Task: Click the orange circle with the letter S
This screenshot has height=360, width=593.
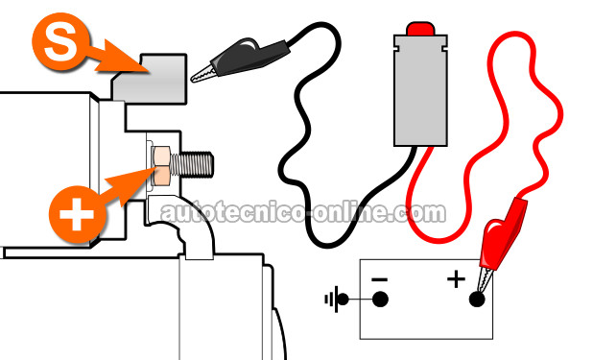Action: coord(60,41)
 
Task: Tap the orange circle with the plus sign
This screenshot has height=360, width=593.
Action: coord(77,214)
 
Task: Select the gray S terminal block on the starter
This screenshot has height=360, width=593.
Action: coord(150,79)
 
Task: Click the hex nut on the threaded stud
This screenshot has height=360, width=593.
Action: coord(161,165)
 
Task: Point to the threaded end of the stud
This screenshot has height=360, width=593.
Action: coord(193,164)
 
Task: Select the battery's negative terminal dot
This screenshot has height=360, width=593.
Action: coord(380,300)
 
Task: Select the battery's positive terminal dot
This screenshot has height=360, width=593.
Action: coord(477,300)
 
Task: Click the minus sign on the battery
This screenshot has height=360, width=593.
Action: coord(379,280)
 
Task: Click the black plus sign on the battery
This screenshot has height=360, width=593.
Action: coord(456,279)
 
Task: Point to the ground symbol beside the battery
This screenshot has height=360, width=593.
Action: coord(337,300)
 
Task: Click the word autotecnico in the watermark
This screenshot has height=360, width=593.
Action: coord(233,213)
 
